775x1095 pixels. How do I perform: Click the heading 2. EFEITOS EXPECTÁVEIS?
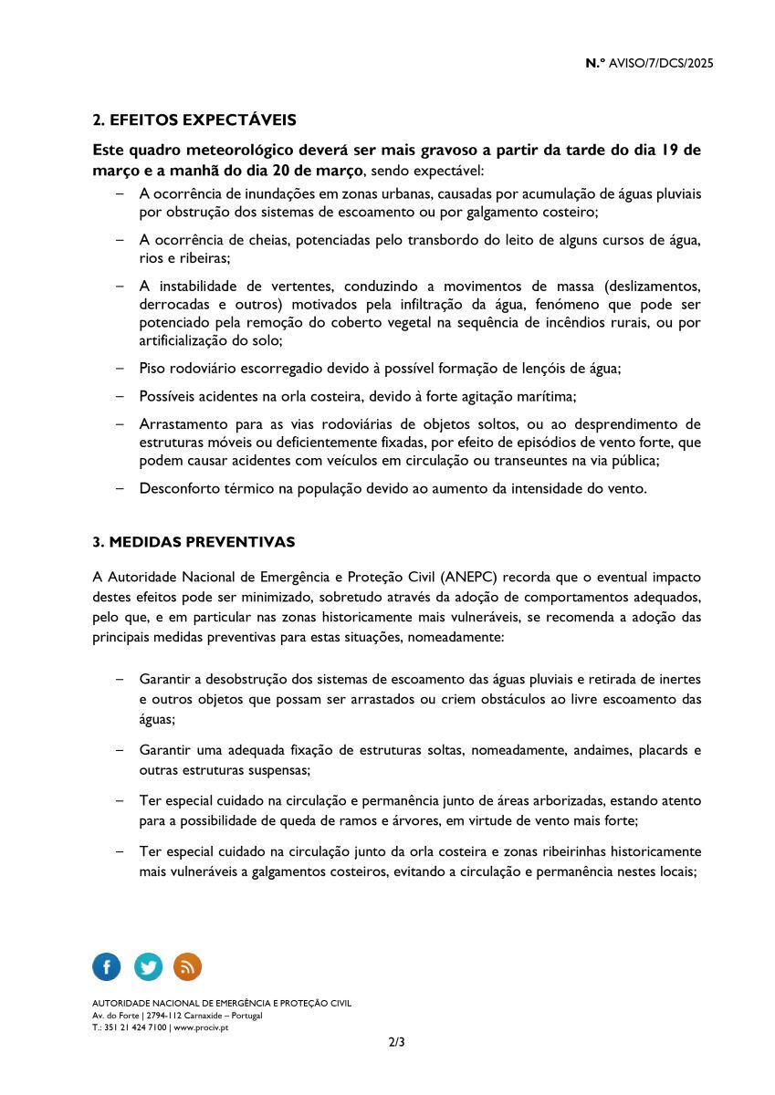click(194, 120)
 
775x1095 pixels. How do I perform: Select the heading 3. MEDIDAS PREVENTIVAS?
click(194, 542)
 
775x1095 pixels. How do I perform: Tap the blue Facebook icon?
click(107, 966)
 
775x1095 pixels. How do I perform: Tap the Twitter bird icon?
click(148, 966)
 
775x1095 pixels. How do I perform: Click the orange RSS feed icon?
click(187, 966)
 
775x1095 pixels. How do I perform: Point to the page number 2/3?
click(396, 1042)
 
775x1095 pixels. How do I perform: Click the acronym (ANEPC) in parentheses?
click(468, 578)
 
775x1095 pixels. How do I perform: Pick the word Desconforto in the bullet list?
click(177, 488)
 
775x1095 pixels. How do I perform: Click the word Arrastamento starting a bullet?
click(181, 424)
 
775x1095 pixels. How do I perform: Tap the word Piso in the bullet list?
click(152, 369)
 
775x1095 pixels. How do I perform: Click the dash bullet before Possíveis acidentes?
click(120, 396)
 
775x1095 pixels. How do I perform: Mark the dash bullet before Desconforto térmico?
click(120, 488)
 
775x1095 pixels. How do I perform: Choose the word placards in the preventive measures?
click(662, 751)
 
